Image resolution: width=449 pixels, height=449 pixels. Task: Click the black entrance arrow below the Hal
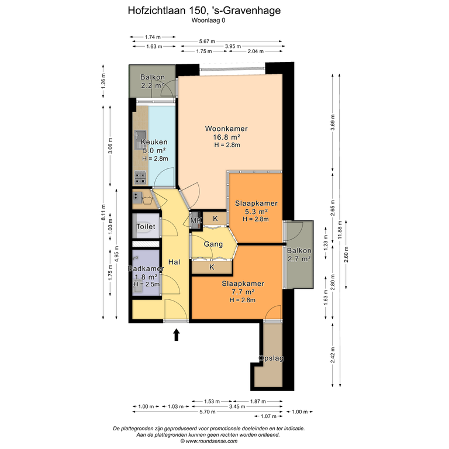tap(177, 334)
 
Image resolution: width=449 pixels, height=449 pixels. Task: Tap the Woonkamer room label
tap(226, 129)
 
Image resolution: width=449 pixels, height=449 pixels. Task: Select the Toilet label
tap(146, 226)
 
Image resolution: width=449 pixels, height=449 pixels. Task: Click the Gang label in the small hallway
tap(213, 244)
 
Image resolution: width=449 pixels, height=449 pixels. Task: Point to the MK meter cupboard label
tap(196, 220)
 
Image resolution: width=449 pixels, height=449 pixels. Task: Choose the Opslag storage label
tap(271, 358)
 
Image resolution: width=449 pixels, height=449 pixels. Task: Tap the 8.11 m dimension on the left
tap(103, 212)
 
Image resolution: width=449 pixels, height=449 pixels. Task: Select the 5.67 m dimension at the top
tap(207, 42)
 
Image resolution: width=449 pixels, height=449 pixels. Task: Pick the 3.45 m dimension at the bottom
tap(237, 406)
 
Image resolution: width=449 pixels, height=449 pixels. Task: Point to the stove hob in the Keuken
tap(140, 178)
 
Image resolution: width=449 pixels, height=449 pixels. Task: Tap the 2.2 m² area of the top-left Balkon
tap(152, 85)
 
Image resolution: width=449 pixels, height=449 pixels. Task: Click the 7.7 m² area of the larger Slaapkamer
tap(243, 292)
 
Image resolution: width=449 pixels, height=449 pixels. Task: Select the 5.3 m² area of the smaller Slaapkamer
tap(256, 212)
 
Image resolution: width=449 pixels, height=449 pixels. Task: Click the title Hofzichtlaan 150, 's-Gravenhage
tap(204, 11)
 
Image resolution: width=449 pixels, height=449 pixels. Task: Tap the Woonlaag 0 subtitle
tap(208, 20)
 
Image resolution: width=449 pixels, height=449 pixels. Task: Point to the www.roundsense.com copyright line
tap(209, 441)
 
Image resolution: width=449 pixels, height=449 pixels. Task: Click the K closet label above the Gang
tap(215, 219)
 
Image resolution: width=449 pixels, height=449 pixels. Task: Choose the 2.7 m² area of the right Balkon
tap(299, 259)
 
